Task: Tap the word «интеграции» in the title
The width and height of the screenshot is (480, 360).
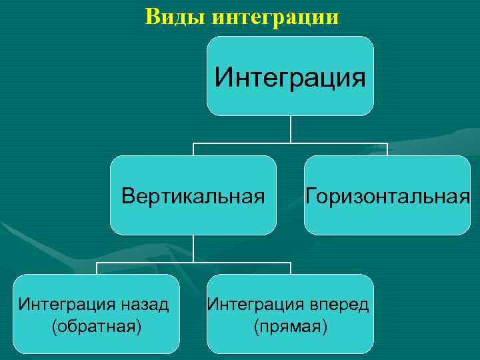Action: point(275,17)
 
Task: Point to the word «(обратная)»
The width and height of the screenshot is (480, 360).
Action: point(96,327)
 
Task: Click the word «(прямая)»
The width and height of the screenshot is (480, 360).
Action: point(290,327)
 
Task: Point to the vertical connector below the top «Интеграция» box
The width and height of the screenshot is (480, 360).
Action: point(290,129)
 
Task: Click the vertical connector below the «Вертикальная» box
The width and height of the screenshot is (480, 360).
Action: point(193,248)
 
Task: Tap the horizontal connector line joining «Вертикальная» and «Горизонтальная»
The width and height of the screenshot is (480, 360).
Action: point(290,143)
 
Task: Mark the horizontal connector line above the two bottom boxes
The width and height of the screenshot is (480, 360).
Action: point(193,262)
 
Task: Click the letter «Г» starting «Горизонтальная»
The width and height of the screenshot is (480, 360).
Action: point(311,197)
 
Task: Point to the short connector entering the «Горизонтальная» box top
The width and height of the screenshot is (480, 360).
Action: point(387,149)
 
